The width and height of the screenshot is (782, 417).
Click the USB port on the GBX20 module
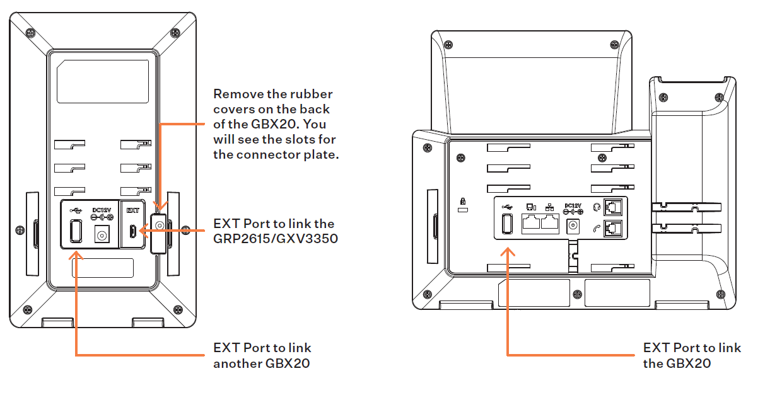[76, 232]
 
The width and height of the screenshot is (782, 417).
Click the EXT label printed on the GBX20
[133, 210]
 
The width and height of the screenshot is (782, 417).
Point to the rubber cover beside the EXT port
[159, 226]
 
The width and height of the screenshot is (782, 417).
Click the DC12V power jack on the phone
[573, 226]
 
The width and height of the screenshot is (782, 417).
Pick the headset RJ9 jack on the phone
[612, 207]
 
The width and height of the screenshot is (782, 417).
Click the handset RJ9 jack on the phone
[612, 229]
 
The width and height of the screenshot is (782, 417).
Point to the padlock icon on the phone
[463, 202]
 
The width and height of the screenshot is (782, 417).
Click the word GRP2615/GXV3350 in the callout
[275, 239]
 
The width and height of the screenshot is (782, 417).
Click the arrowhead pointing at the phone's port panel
[508, 251]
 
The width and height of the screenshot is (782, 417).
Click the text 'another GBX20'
[261, 363]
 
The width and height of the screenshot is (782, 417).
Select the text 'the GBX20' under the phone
[677, 363]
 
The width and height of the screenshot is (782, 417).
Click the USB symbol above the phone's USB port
[506, 206]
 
